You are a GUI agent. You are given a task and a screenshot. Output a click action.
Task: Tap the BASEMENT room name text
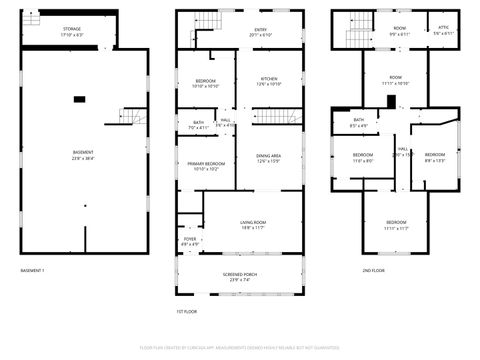(83, 152)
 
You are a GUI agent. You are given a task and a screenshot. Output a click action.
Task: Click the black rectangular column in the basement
(79, 98)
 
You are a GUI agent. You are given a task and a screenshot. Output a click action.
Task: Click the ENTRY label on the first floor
(260, 30)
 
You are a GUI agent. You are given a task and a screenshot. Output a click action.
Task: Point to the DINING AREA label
(268, 155)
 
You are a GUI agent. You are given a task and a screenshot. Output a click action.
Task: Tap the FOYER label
(189, 240)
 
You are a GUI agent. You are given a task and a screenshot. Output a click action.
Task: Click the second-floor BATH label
(358, 120)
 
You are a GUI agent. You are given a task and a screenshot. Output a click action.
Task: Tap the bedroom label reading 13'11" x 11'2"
(397, 222)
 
